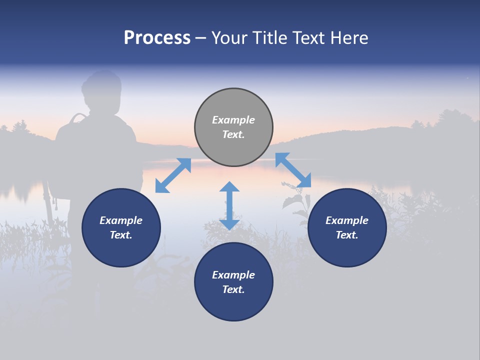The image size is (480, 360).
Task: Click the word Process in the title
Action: (157, 38)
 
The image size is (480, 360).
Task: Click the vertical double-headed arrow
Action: (229, 205)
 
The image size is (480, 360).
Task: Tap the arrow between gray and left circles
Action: (173, 175)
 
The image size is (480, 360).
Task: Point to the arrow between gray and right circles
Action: (293, 170)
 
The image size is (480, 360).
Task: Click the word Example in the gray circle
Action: (233, 120)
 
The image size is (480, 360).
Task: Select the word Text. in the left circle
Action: (121, 235)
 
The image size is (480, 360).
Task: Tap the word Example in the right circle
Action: (347, 220)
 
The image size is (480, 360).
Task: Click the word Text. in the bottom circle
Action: (233, 289)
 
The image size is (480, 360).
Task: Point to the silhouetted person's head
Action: (102, 90)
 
